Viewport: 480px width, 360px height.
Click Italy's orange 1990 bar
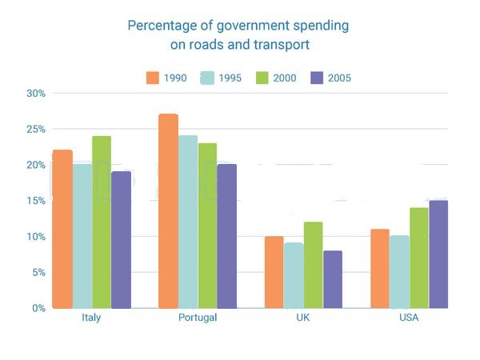pyautogui.click(x=62, y=229)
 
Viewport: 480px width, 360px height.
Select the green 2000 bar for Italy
pyautogui.click(x=102, y=222)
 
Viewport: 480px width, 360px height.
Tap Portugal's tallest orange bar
pyautogui.click(x=168, y=211)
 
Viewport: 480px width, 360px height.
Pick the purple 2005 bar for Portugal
pyautogui.click(x=227, y=236)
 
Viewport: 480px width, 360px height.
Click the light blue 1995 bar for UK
pyautogui.click(x=294, y=275)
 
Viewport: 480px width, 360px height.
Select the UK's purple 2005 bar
pyautogui.click(x=333, y=279)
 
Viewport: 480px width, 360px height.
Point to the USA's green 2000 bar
pyautogui.click(x=419, y=258)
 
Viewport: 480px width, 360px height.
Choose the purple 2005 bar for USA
pyautogui.click(x=438, y=254)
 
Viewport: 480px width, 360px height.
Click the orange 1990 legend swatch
pyautogui.click(x=153, y=78)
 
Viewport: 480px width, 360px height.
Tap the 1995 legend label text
pyautogui.click(x=230, y=78)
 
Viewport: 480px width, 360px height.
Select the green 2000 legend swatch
pyautogui.click(x=262, y=78)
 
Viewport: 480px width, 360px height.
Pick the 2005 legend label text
pyautogui.click(x=339, y=78)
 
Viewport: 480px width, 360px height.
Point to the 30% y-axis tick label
pyautogui.click(x=36, y=93)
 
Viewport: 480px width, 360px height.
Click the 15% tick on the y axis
pyautogui.click(x=36, y=201)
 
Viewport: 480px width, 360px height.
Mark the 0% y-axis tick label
pyautogui.click(x=39, y=308)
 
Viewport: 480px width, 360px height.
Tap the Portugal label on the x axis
pyautogui.click(x=198, y=318)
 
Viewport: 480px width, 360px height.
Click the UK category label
pyautogui.click(x=303, y=318)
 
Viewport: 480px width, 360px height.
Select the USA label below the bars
pyautogui.click(x=409, y=318)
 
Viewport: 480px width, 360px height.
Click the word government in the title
pyautogui.click(x=253, y=26)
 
